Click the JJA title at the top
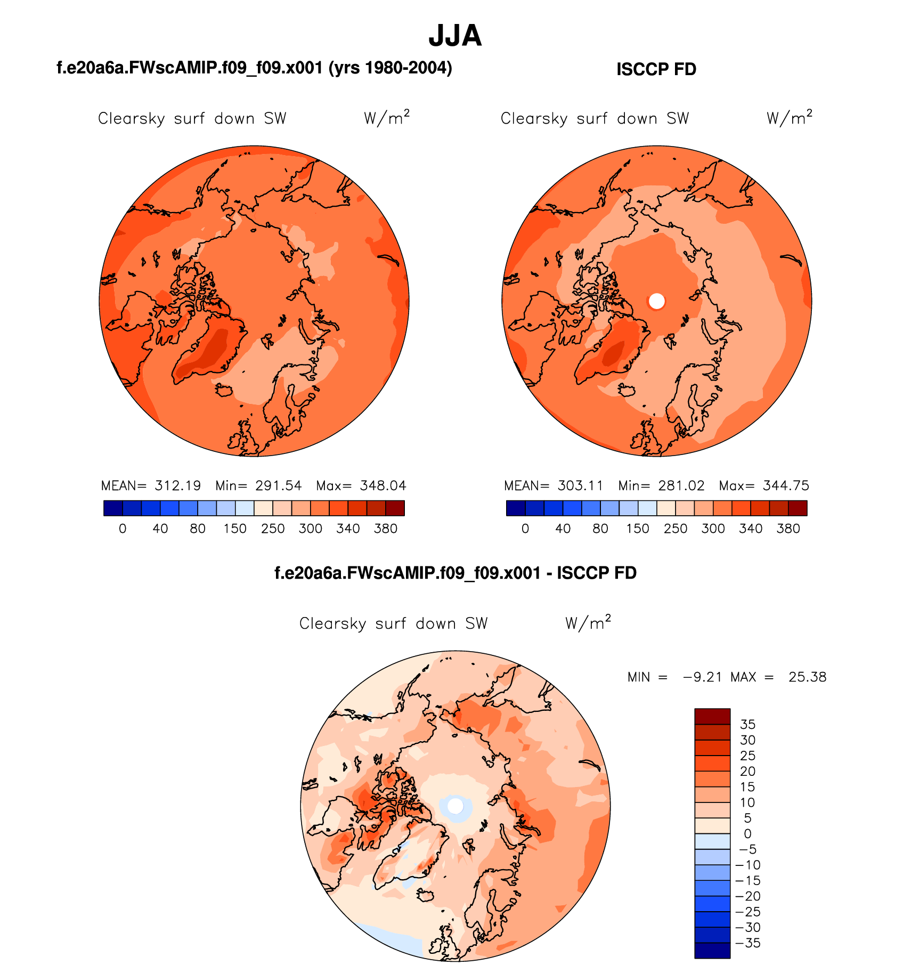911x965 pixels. click(x=455, y=36)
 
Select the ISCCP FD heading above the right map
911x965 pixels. click(x=656, y=70)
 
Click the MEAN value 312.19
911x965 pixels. click(x=178, y=486)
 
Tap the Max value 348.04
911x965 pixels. click(x=383, y=486)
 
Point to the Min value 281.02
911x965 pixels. click(x=681, y=486)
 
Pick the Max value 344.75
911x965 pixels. click(x=786, y=486)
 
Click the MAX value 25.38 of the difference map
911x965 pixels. click(x=807, y=677)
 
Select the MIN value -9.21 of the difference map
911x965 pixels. click(x=702, y=677)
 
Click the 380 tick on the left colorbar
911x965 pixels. click(x=386, y=529)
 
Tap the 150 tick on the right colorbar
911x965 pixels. click(x=638, y=529)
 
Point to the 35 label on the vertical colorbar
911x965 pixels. click(x=747, y=725)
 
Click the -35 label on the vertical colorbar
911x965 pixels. click(x=747, y=943)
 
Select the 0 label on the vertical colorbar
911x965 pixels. click(x=747, y=834)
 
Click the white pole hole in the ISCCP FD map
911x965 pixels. click(x=657, y=302)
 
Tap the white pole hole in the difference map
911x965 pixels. click(x=455, y=806)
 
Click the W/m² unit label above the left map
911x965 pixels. click(x=387, y=117)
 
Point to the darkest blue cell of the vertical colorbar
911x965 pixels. click(x=712, y=951)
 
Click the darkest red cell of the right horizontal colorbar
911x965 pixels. click(x=798, y=508)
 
